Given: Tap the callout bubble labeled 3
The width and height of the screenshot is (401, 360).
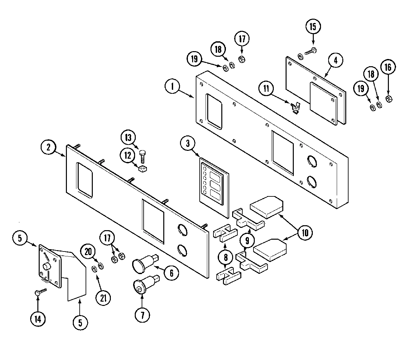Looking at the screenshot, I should click(188, 143).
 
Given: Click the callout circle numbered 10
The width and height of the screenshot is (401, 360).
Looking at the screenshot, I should click(305, 233).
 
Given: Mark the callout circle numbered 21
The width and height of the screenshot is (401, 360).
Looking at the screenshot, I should click(103, 298).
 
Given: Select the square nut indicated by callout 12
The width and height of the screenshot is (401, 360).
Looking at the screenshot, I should click(142, 169).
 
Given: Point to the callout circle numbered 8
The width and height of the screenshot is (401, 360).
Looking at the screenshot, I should click(226, 258).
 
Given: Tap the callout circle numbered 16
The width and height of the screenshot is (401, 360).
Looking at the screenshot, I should click(388, 67).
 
